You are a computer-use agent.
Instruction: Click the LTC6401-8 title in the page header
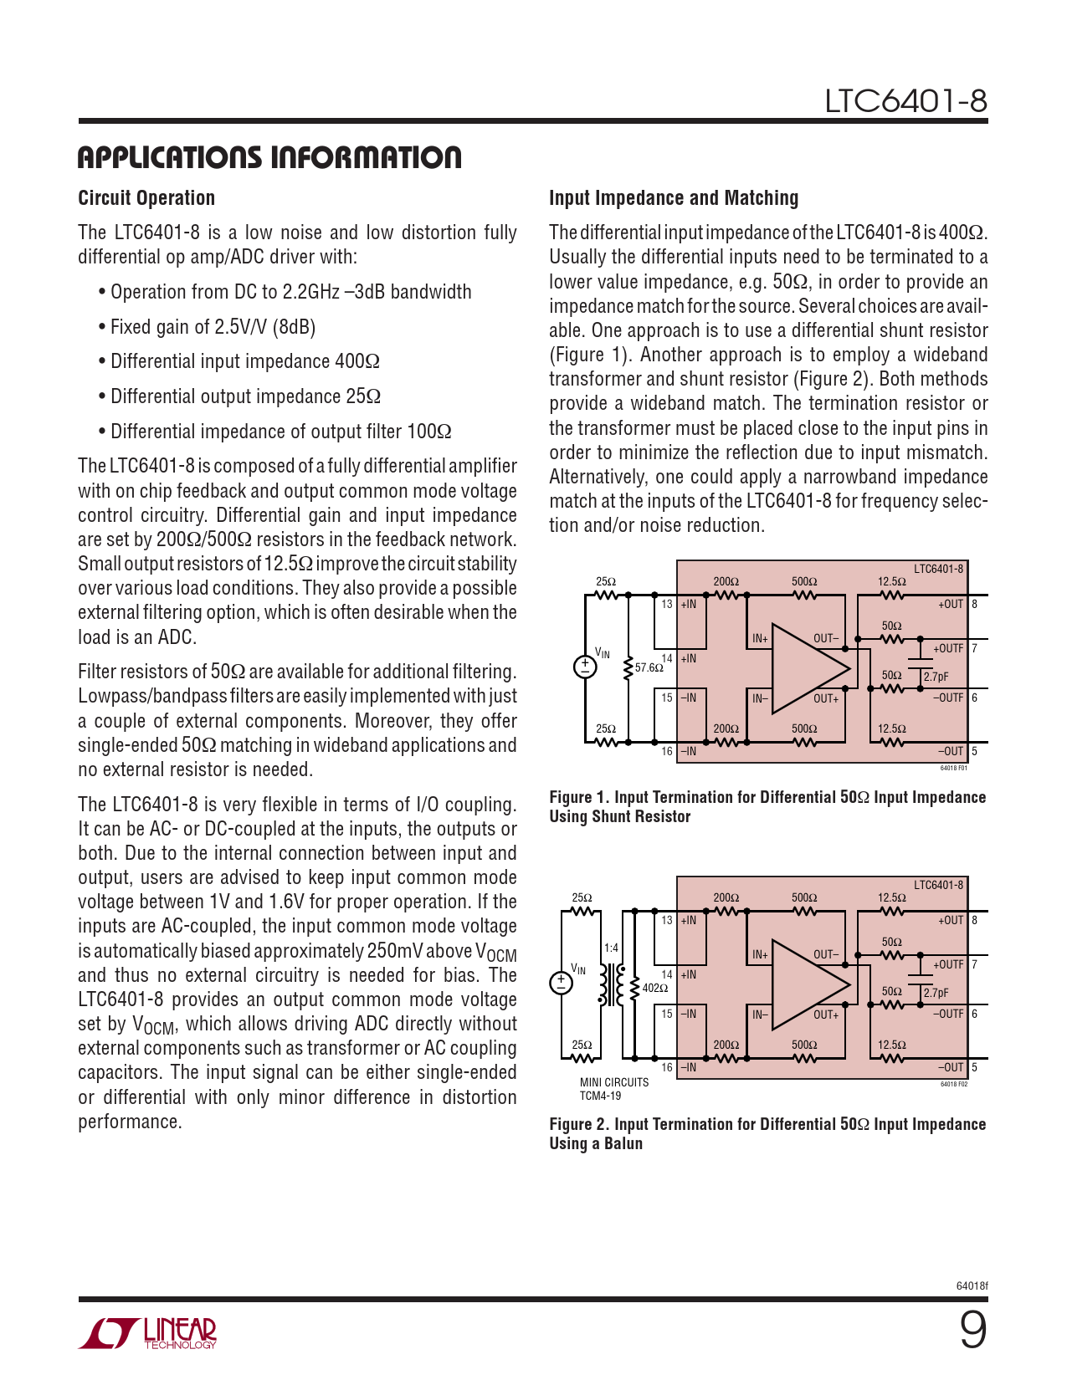(x=905, y=101)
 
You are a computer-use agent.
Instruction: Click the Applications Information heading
(x=269, y=157)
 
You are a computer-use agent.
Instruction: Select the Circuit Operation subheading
(x=146, y=197)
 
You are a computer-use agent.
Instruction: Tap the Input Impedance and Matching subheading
(x=674, y=197)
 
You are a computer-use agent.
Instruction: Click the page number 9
(x=973, y=1331)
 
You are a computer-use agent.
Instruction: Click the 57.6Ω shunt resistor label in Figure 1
(x=649, y=667)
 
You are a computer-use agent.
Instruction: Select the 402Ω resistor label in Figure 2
(x=655, y=988)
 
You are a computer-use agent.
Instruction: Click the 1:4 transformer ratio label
(x=611, y=948)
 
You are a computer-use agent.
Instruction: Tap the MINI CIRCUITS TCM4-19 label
(x=614, y=1089)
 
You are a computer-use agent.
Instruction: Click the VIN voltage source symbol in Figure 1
(x=585, y=667)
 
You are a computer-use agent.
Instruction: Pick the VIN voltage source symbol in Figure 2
(x=561, y=983)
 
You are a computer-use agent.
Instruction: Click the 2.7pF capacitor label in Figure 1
(x=936, y=677)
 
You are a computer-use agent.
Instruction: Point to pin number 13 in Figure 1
(x=666, y=604)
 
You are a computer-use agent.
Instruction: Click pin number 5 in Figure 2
(x=974, y=1067)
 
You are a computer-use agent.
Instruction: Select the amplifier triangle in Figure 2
(x=810, y=985)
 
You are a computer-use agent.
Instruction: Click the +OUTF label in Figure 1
(x=948, y=648)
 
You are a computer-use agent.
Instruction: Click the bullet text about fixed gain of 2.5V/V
(x=213, y=326)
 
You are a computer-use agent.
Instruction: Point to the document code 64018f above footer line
(x=972, y=1286)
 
